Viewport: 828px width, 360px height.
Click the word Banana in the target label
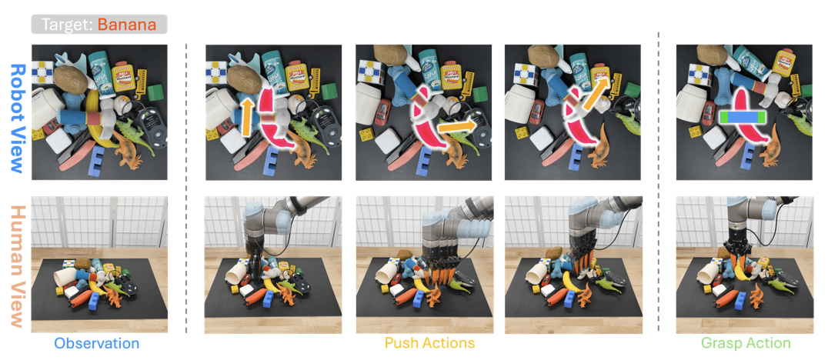coord(127,25)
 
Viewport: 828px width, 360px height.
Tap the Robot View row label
coord(18,118)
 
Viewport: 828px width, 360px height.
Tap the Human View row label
coord(18,267)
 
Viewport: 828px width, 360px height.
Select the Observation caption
coord(97,343)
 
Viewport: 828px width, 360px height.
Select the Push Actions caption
coord(429,343)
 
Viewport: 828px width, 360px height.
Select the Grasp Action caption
coord(746,343)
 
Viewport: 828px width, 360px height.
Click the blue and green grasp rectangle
coord(741,118)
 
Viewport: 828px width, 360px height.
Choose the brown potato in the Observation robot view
coord(72,80)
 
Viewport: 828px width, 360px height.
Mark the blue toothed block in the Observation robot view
coord(98,161)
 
